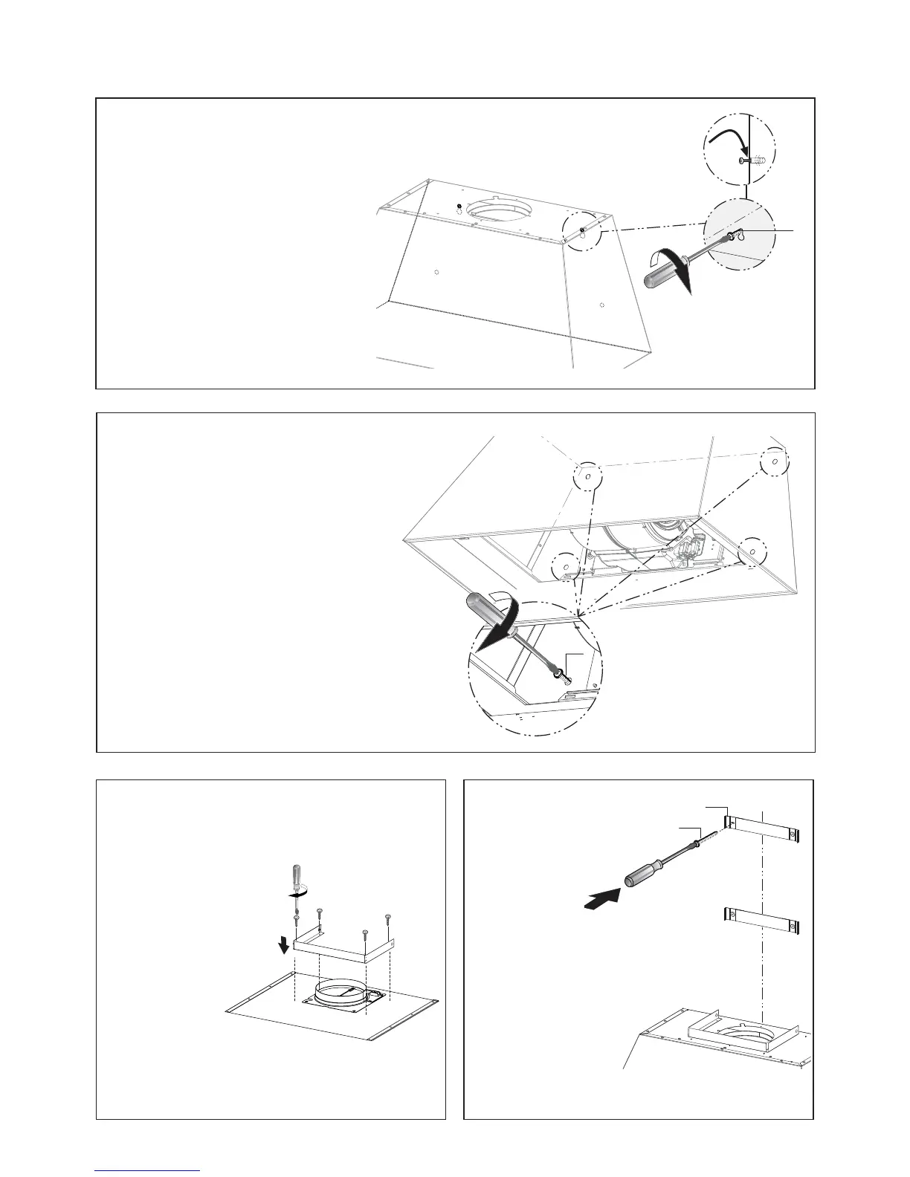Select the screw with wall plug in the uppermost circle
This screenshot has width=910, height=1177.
tap(752, 160)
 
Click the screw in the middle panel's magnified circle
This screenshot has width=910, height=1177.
tap(561, 675)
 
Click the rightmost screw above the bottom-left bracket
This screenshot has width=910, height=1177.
tap(388, 921)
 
